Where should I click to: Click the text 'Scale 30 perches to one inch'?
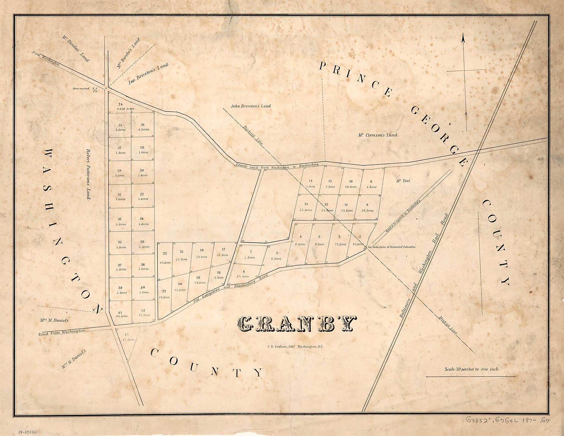coord(471,369)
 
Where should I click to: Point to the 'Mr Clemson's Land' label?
coord(378,135)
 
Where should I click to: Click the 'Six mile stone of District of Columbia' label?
coord(391,247)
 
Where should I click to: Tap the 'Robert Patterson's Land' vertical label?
coord(88,175)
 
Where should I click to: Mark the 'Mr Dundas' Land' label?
coord(75,48)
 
